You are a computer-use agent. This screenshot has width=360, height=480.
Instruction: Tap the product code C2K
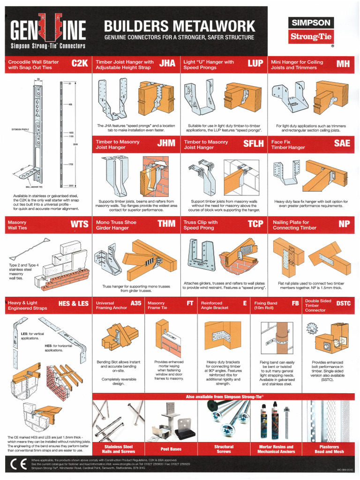coord(80,64)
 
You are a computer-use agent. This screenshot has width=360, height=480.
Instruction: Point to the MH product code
coord(343,64)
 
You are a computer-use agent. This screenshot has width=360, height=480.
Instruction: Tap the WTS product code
coord(79,225)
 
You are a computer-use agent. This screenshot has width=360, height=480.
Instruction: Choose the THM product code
coord(166,225)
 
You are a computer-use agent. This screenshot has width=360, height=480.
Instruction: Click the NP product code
coord(344,225)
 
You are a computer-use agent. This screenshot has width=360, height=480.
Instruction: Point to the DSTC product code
coord(343,304)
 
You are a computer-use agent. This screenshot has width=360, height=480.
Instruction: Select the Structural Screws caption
coord(224,449)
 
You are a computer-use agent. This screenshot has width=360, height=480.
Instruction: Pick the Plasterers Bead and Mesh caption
coord(329,449)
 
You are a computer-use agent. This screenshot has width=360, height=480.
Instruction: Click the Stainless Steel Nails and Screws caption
coord(118,449)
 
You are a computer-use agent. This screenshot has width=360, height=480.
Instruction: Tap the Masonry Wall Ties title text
coord(18,225)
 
